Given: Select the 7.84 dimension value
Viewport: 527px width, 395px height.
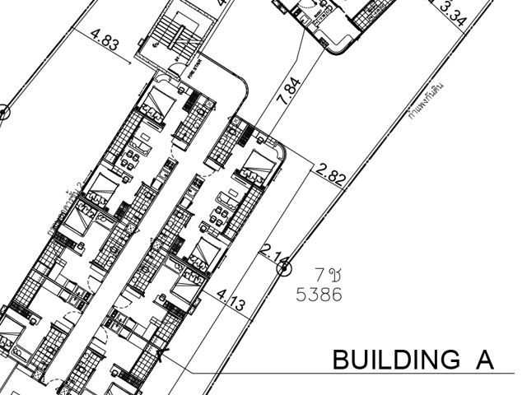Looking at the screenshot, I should (291, 88).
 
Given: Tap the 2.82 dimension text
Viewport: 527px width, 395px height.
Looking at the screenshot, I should (331, 173).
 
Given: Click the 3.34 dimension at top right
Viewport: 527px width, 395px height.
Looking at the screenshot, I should (457, 13).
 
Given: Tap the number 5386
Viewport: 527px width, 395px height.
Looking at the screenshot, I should (319, 294).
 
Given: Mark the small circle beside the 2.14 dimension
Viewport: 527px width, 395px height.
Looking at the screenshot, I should (284, 266).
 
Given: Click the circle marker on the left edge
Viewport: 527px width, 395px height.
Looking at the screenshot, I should (2, 112).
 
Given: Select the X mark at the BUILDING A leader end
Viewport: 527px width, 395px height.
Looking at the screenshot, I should (162, 355).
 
